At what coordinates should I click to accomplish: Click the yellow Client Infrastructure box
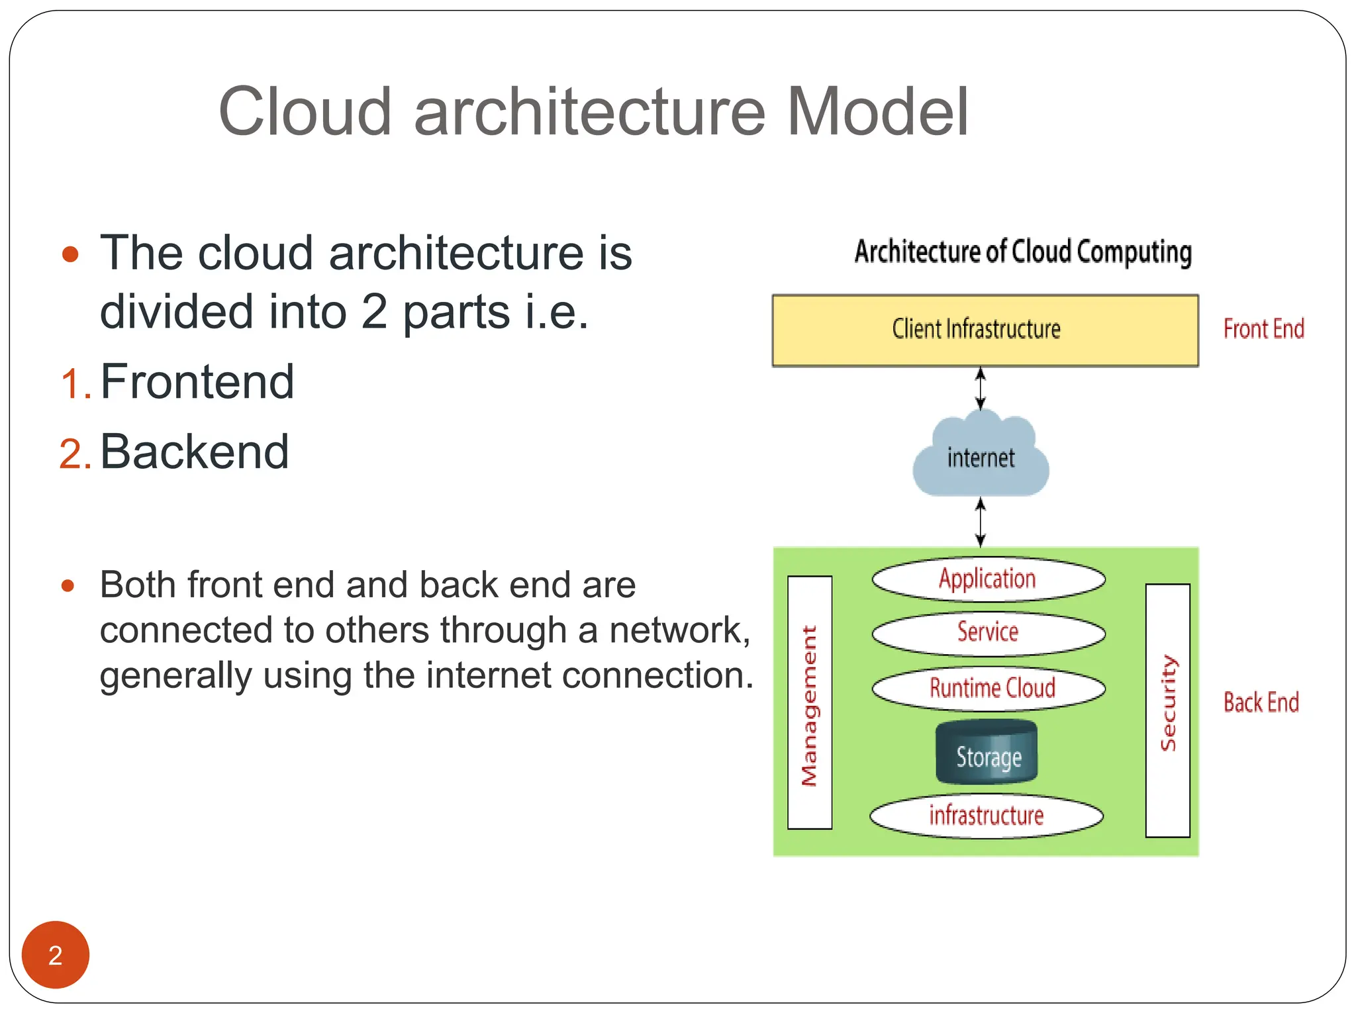click(x=985, y=330)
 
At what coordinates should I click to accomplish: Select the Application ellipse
click(x=988, y=579)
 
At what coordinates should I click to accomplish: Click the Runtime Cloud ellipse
click(x=989, y=688)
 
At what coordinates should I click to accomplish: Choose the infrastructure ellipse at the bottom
click(x=986, y=815)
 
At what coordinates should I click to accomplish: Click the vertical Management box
click(x=809, y=702)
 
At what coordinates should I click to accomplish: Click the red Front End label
click(x=1263, y=329)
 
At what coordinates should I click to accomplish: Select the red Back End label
click(x=1261, y=702)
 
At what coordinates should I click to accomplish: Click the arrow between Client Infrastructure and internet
click(x=981, y=389)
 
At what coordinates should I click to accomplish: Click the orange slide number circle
click(x=56, y=954)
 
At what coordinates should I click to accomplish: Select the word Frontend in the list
click(x=197, y=382)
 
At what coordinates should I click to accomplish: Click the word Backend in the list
click(x=194, y=452)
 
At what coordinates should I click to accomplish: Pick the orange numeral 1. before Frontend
click(x=74, y=384)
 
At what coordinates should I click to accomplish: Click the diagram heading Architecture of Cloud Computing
click(x=1023, y=252)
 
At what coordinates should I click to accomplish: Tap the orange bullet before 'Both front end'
click(x=68, y=585)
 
